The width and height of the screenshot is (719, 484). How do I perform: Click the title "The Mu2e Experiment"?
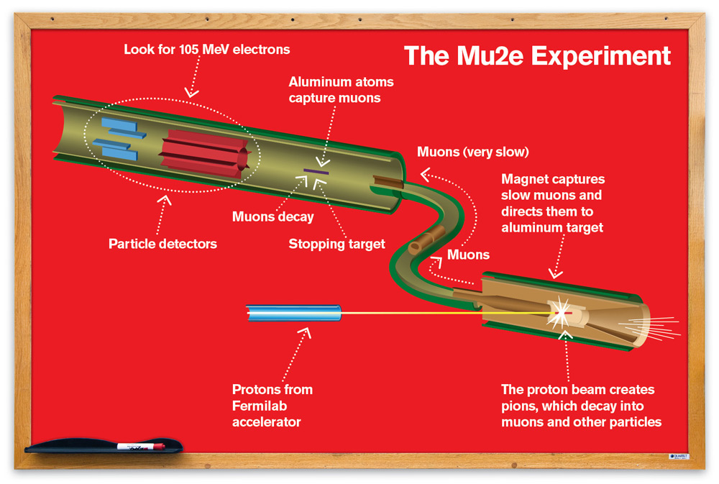pyautogui.click(x=536, y=55)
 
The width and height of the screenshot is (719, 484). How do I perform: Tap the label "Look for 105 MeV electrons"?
pyautogui.click(x=207, y=50)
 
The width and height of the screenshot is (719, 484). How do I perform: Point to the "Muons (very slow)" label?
pyautogui.click(x=473, y=152)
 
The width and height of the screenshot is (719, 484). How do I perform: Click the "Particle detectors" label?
pyautogui.click(x=162, y=244)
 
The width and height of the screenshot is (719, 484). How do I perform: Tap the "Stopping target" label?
pyautogui.click(x=336, y=244)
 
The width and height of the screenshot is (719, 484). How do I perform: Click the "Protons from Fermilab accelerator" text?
pyautogui.click(x=273, y=405)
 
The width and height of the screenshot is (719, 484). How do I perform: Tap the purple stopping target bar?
pyautogui.click(x=316, y=171)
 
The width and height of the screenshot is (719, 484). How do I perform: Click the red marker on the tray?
pyautogui.click(x=140, y=447)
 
